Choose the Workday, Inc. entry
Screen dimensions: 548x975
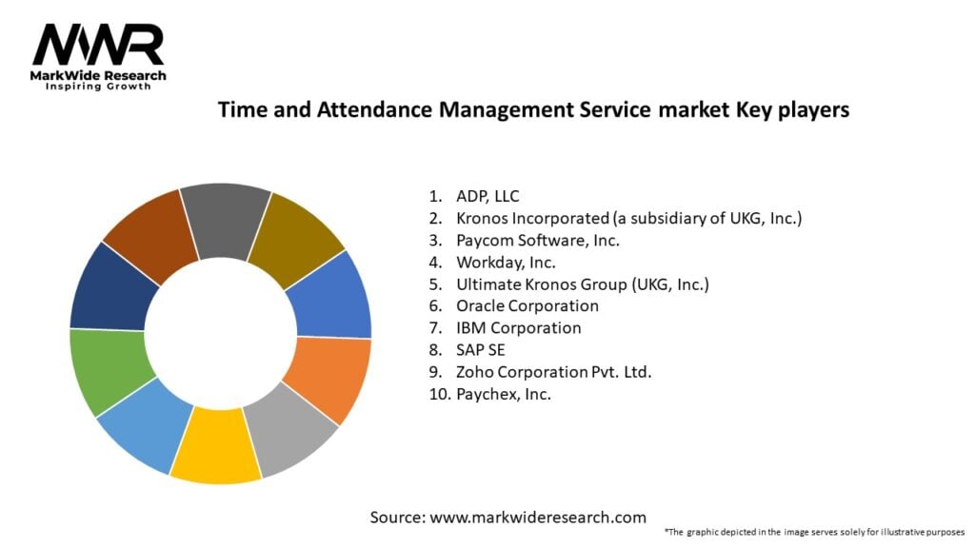(x=505, y=262)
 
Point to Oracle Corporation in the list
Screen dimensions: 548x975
(x=527, y=305)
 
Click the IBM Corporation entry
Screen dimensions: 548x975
(x=518, y=327)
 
